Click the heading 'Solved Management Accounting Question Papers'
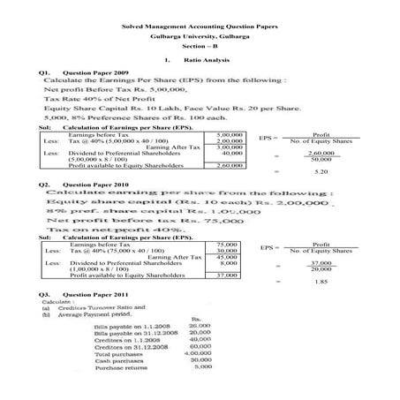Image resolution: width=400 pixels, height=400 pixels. point(200,27)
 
